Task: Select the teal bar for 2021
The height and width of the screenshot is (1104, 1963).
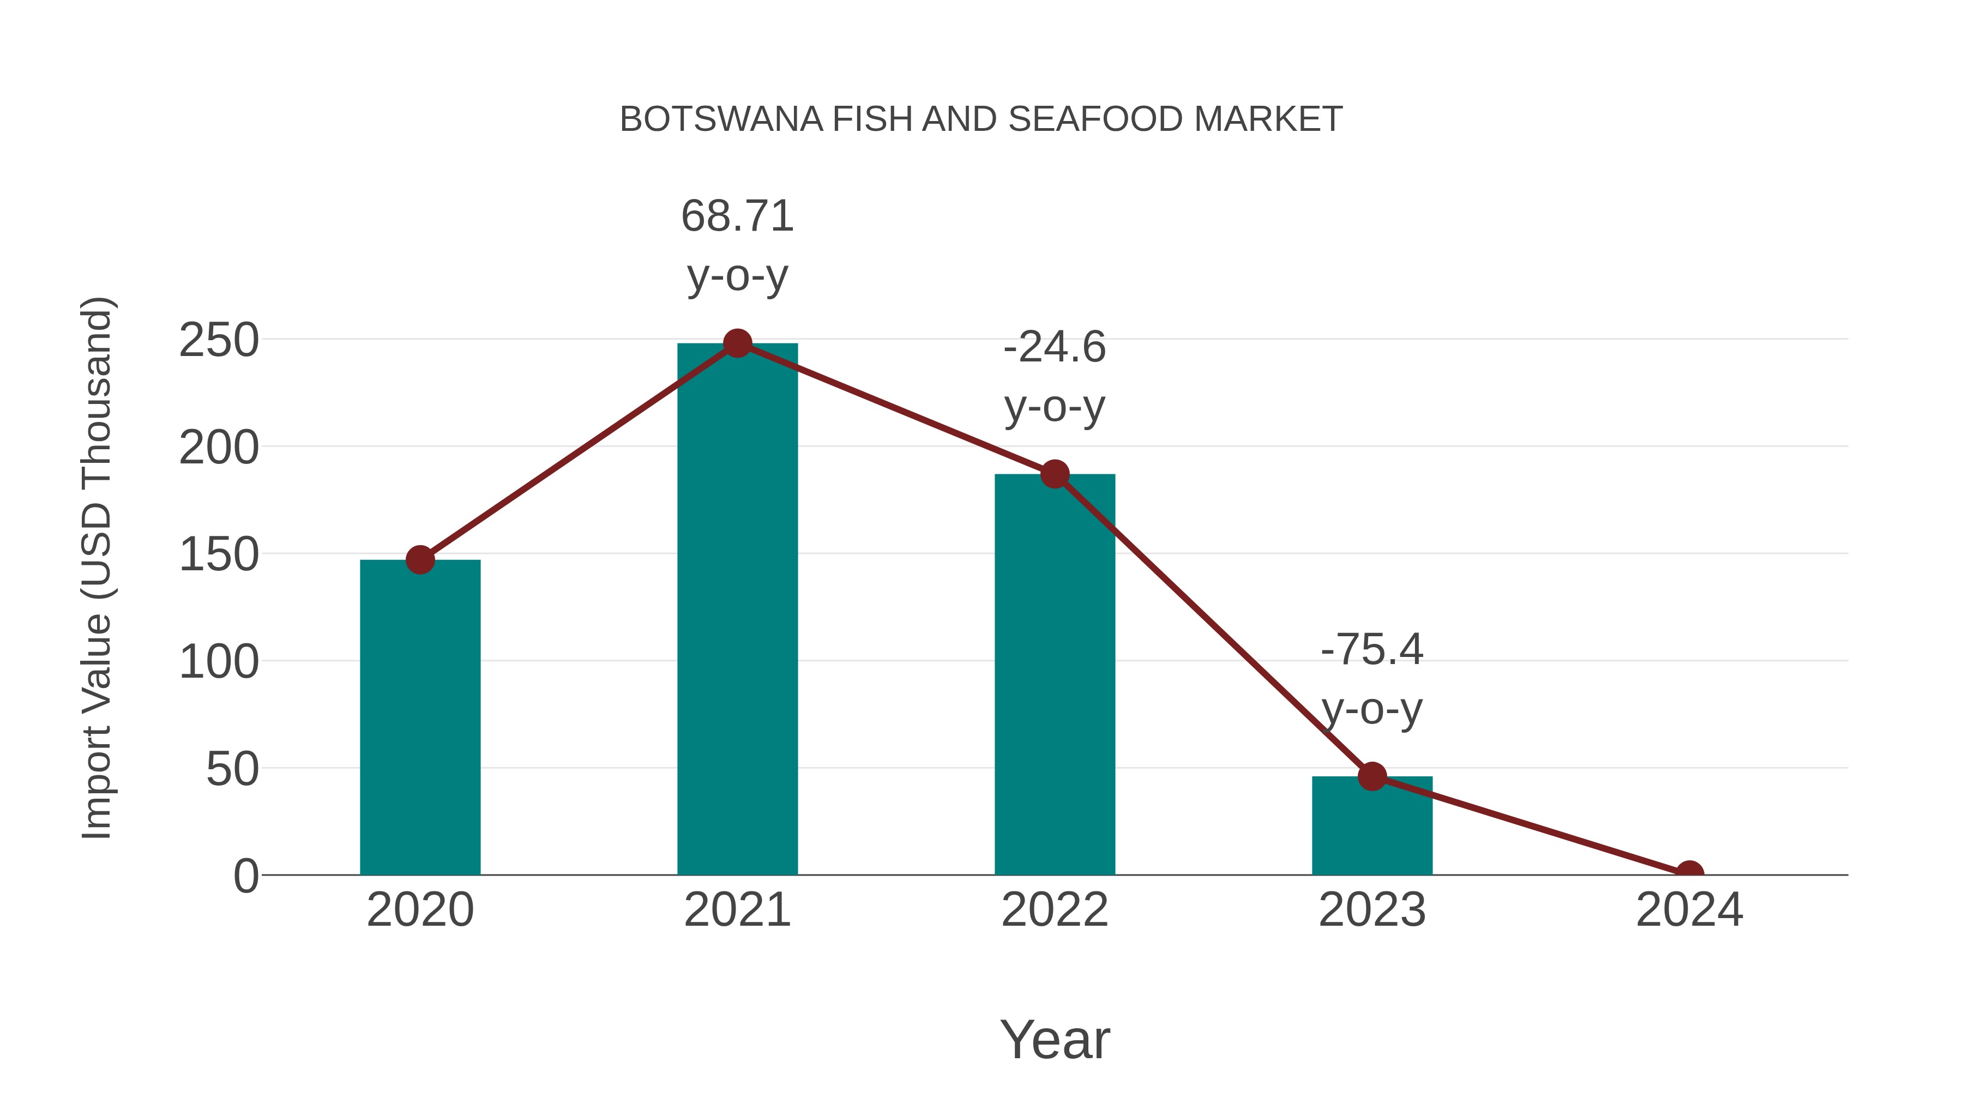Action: [x=737, y=610]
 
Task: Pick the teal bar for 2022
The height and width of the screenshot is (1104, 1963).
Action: [x=1055, y=674]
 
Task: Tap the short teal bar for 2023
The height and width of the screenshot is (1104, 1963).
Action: [x=1372, y=826]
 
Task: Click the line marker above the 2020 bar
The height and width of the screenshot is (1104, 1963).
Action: [x=420, y=560]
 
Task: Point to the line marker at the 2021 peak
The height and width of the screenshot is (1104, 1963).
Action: [x=737, y=343]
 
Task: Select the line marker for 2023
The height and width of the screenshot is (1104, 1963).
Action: [x=1372, y=776]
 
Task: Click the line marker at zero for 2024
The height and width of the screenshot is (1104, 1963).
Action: [x=1689, y=873]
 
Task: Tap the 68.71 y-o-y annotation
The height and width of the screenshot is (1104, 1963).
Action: [x=737, y=245]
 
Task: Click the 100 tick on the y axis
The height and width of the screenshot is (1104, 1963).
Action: [x=219, y=661]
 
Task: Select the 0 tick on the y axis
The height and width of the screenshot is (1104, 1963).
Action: [x=245, y=876]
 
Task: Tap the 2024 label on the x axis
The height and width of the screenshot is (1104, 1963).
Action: [x=1689, y=910]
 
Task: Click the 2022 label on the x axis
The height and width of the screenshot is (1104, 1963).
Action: [x=1055, y=910]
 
